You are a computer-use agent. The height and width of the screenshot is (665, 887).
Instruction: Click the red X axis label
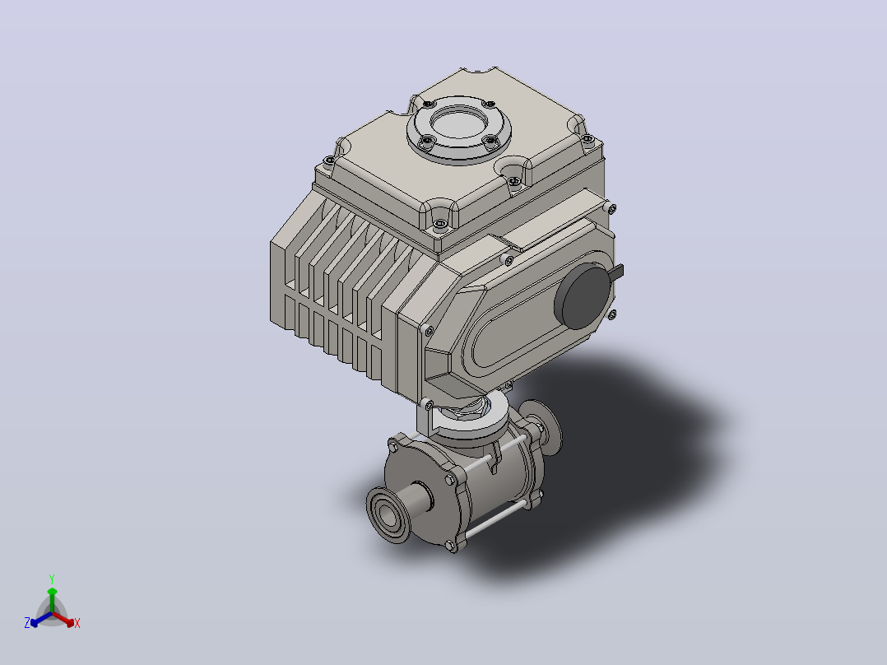click(x=77, y=623)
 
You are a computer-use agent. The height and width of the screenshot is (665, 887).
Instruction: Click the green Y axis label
click(x=52, y=579)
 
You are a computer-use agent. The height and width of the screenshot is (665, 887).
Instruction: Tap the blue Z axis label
click(x=27, y=623)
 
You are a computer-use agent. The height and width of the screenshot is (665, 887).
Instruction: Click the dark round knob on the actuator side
click(x=583, y=296)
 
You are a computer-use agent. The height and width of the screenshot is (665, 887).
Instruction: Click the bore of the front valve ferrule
click(x=387, y=515)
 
